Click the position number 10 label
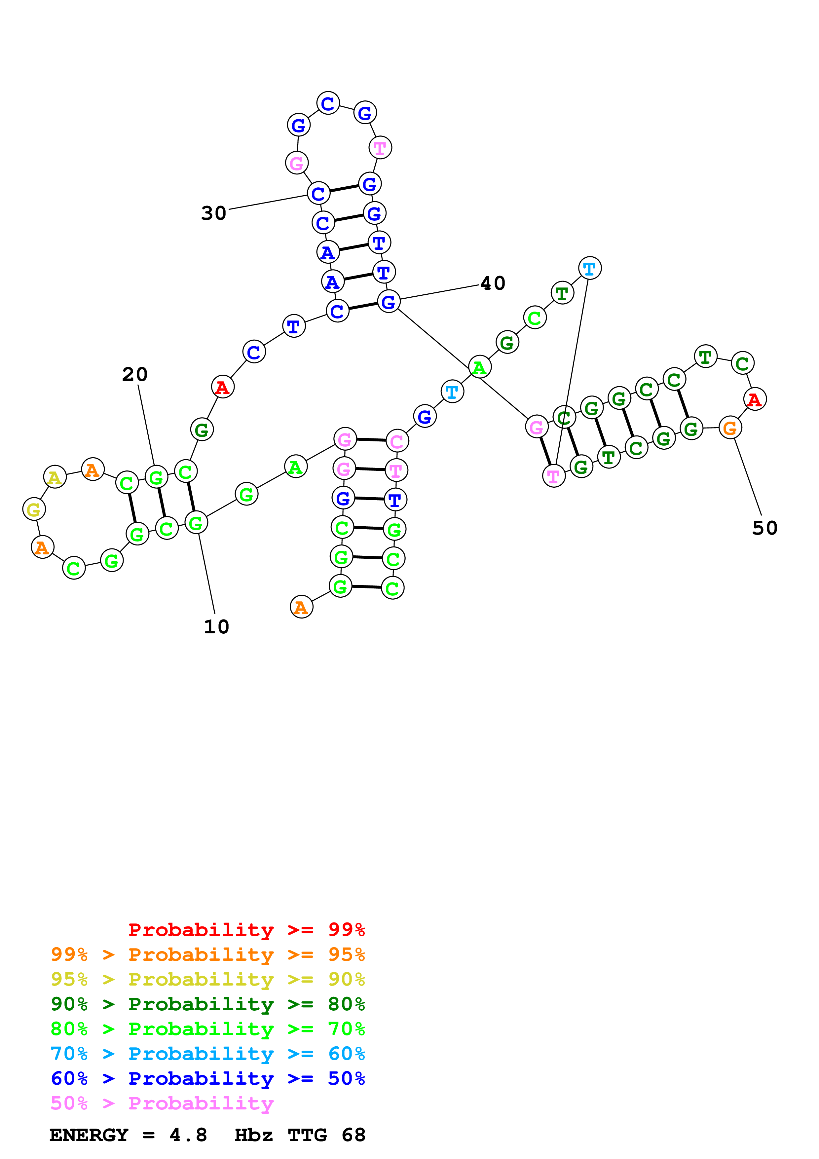216,627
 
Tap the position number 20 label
135,375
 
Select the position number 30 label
213,213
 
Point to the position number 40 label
493,284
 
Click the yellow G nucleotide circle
34,509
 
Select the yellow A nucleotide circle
55,477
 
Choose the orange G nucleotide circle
730,428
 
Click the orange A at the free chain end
301,607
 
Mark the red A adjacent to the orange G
754,399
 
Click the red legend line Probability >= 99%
246,930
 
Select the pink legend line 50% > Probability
162,1103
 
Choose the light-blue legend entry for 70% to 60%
207,1054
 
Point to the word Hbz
253,1135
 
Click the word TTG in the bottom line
307,1135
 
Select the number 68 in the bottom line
353,1135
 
